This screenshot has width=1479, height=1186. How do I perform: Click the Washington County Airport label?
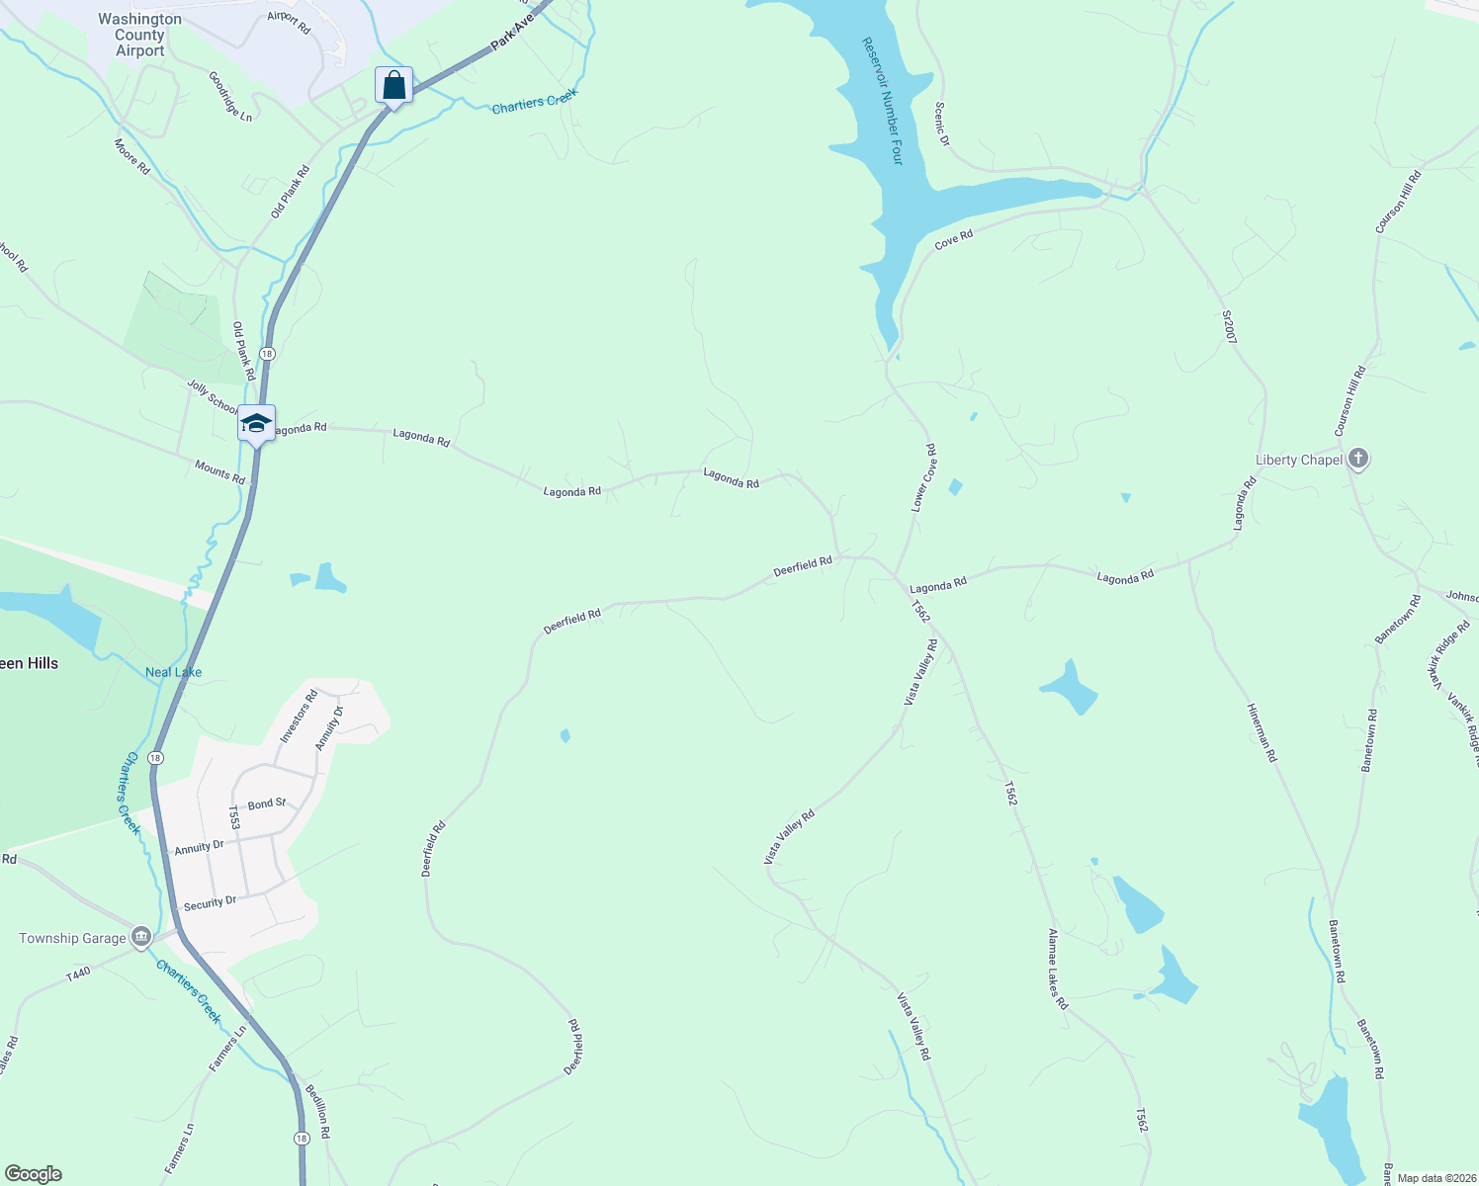[139, 35]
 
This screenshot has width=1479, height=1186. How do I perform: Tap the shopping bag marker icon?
[393, 85]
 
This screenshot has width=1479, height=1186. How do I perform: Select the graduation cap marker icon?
[256, 423]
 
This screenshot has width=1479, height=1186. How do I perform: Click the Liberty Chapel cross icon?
[1358, 459]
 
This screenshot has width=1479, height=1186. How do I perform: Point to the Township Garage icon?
[140, 937]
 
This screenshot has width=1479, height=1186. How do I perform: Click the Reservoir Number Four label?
[884, 101]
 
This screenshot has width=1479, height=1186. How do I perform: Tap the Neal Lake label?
[173, 672]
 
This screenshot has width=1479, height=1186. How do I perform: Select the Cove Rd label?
[954, 238]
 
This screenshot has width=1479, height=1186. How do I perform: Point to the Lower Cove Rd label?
[923, 477]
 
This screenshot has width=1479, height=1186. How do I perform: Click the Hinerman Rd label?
[1261, 732]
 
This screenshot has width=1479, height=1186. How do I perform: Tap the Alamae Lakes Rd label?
[1058, 969]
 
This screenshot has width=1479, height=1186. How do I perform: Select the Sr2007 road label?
[1229, 327]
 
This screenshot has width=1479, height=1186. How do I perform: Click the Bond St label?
[267, 805]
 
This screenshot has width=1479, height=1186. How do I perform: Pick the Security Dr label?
[210, 902]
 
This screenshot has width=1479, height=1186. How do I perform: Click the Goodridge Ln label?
[230, 96]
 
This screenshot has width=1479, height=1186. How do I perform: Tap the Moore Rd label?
[132, 157]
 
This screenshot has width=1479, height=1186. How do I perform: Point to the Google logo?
[34, 1174]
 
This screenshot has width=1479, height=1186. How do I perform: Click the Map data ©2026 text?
[1434, 1178]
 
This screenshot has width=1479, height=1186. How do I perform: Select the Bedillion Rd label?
[317, 1111]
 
